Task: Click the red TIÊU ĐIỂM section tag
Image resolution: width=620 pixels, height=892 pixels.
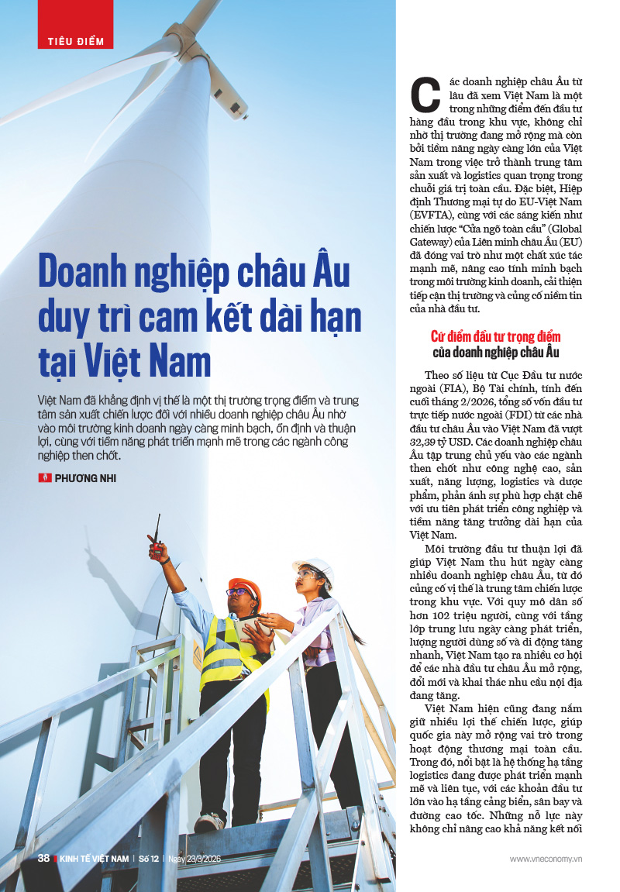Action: pyautogui.click(x=75, y=40)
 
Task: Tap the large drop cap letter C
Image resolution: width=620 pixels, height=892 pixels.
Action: pyautogui.click(x=424, y=96)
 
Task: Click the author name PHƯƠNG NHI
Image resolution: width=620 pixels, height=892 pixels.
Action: pyautogui.click(x=85, y=478)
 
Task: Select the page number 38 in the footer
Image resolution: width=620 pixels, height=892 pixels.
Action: pyautogui.click(x=44, y=858)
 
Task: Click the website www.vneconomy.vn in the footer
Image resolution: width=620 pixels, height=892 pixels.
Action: pyautogui.click(x=546, y=859)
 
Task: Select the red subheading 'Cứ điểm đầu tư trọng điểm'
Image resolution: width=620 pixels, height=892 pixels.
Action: pyautogui.click(x=495, y=337)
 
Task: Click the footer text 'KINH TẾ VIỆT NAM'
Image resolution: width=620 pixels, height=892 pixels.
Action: pyautogui.click(x=95, y=859)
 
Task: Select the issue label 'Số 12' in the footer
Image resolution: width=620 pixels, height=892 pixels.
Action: pyautogui.click(x=149, y=859)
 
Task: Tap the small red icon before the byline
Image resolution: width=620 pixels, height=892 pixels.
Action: pyautogui.click(x=44, y=478)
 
